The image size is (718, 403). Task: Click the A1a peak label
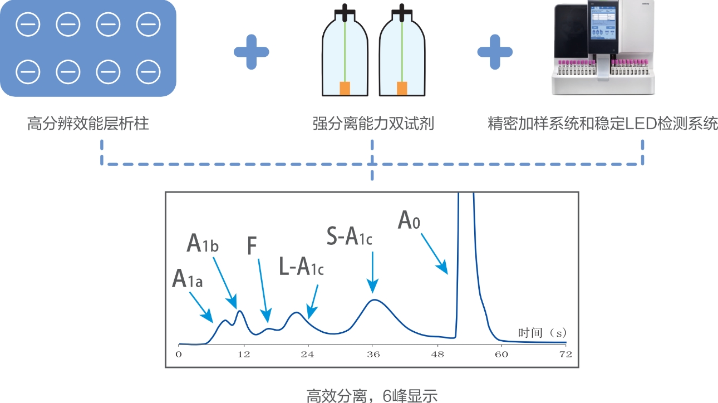pos(188,278)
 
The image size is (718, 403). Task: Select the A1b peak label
pos(203,243)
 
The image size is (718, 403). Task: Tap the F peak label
pos(252,245)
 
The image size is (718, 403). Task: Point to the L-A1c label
pos(301,267)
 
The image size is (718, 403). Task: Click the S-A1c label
pos(350,236)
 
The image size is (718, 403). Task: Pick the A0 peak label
pos(409,220)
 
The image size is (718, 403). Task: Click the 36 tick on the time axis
pos(373,354)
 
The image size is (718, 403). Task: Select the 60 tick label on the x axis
pos(501,354)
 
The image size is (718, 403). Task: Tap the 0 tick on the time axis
pos(179,354)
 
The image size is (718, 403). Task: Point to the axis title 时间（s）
pos(542,333)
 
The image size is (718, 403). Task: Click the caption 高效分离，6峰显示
pos(372,396)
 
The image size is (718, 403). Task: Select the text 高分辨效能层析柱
pos(88,124)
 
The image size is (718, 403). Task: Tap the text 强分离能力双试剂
pos(373,124)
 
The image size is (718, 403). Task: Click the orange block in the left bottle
pos(345,88)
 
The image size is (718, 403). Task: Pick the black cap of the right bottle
pos(402,12)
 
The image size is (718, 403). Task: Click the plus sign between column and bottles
pos(252,52)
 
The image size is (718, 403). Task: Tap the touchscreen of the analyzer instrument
pos(603,24)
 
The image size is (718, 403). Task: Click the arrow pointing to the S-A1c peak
pos(372,273)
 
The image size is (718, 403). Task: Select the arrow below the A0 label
pos(435,254)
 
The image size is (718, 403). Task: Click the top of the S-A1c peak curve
pos(374,300)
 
